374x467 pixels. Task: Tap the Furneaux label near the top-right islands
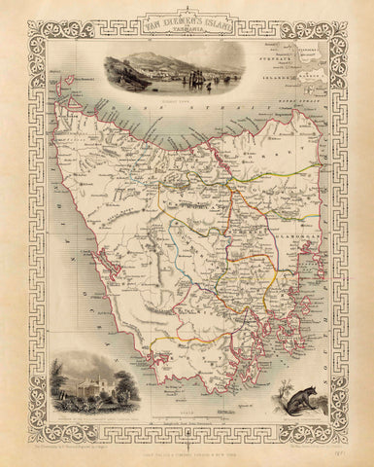click(x=308, y=71)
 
